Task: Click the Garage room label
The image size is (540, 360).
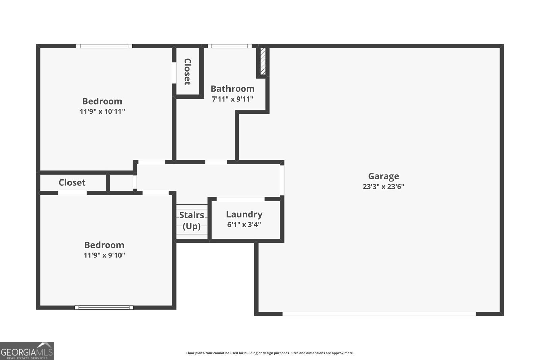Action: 383,176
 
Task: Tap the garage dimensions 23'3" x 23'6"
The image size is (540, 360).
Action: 383,187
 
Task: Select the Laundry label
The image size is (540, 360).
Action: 244,214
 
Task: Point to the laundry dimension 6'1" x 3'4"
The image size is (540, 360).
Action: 244,225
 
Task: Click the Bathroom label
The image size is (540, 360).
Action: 233,89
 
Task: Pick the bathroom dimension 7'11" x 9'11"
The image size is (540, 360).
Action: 233,99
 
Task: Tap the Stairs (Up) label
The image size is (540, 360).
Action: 191,220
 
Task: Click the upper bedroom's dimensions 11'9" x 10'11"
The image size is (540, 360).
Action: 102,111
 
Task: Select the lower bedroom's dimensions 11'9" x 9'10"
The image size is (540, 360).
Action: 104,255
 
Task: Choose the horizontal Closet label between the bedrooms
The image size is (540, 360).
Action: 72,183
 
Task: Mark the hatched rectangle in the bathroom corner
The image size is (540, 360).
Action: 263,61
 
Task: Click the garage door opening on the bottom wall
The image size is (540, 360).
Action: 379,314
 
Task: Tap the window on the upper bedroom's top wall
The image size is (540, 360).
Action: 104,46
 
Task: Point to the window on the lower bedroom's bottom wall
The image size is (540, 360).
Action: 104,307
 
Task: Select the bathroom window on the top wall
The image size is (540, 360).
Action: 230,46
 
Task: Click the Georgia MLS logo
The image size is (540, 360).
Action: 27,351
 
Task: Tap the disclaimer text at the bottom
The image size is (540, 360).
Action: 270,353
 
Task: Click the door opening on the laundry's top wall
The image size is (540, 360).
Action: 240,199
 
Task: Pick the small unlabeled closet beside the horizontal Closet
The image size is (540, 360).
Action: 121,183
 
